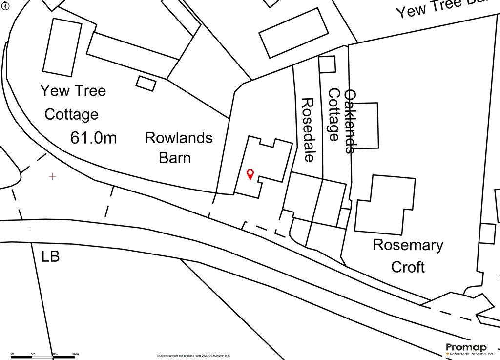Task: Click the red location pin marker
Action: (250, 173)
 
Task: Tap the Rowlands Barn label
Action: (178, 148)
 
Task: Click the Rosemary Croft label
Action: (408, 255)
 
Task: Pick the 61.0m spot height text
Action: (94, 138)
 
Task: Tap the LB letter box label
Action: (50, 256)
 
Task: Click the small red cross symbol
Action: (52, 176)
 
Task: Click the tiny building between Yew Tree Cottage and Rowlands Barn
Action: (146, 83)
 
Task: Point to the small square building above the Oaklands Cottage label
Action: (327, 64)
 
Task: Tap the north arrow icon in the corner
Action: (5, 5)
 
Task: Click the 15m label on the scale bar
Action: (75, 354)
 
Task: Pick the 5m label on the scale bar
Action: (33, 354)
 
